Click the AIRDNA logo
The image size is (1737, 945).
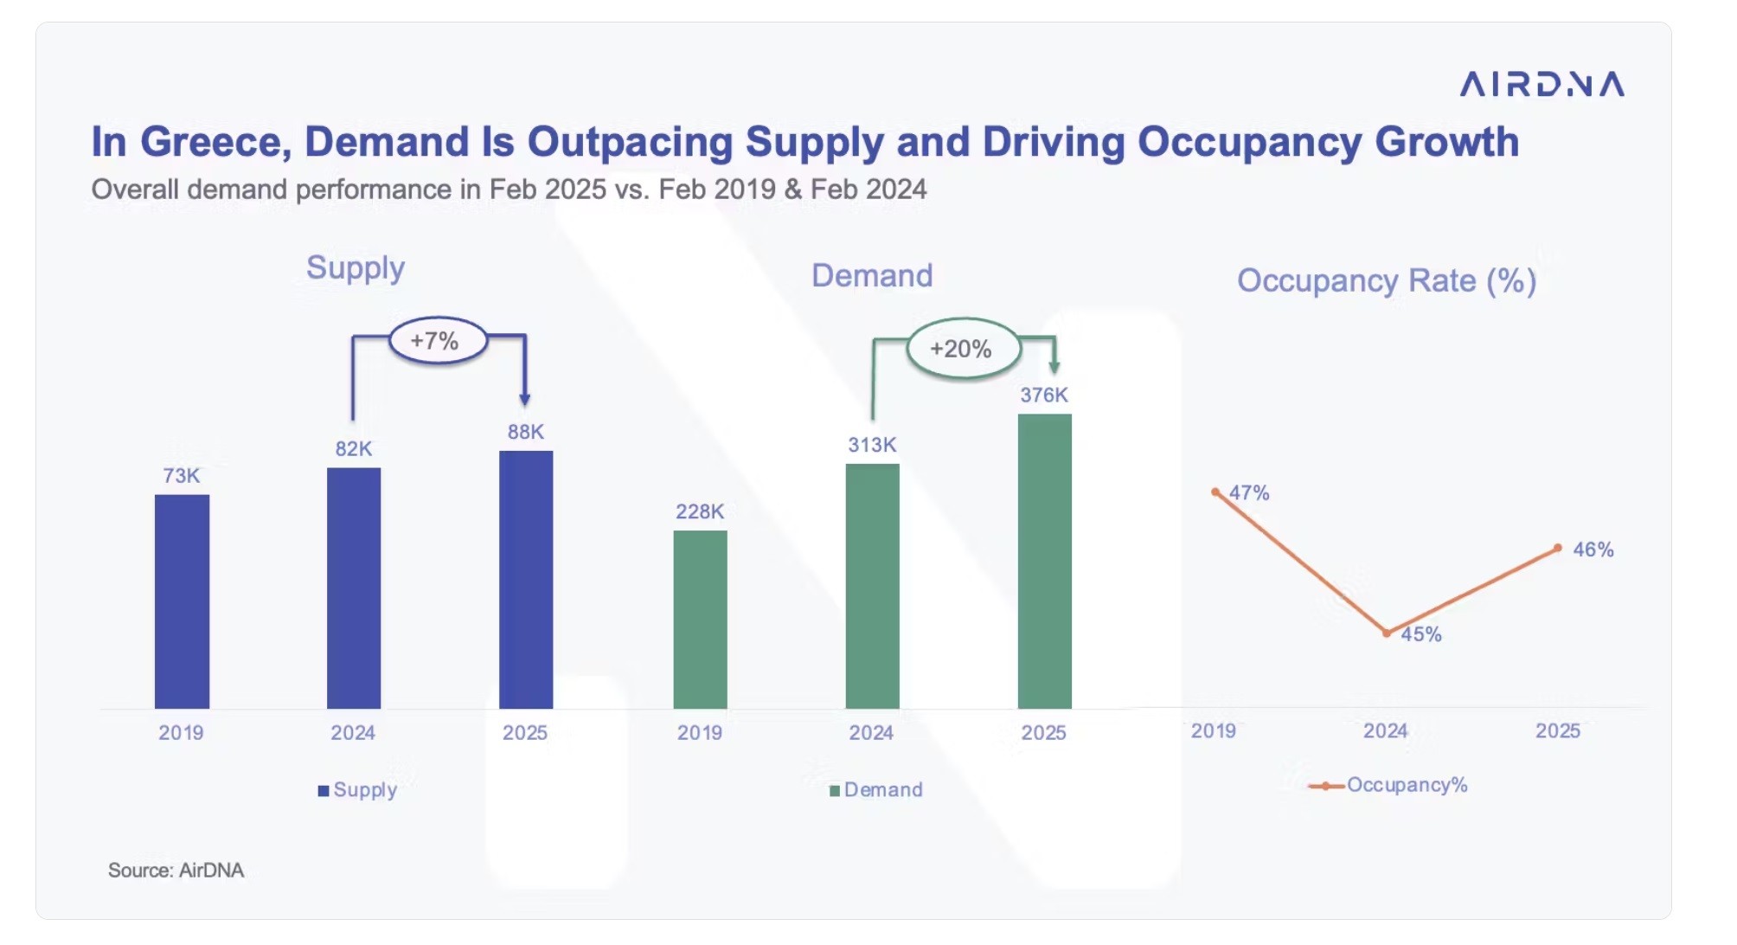(x=1542, y=84)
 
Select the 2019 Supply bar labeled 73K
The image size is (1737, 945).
(x=182, y=601)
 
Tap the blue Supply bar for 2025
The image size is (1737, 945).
(x=525, y=579)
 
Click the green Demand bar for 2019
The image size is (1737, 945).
(x=700, y=619)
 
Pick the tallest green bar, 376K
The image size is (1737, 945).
(x=1044, y=561)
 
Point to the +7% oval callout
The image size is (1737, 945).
(x=437, y=340)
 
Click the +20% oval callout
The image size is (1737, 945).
(x=962, y=349)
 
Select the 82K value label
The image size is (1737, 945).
(x=354, y=448)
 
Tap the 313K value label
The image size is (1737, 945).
(x=872, y=445)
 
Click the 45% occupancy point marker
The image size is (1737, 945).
(x=1387, y=633)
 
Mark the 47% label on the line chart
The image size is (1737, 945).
(x=1249, y=492)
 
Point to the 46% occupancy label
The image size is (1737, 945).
(x=1593, y=550)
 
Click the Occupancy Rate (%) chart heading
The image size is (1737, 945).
(x=1386, y=280)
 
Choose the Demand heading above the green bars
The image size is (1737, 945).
(x=872, y=275)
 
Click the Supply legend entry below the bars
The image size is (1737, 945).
(x=357, y=789)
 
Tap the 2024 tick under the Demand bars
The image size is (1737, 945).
(x=871, y=733)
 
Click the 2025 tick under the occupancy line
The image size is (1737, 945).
(x=1557, y=731)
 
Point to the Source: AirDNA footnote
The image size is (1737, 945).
(x=176, y=870)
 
